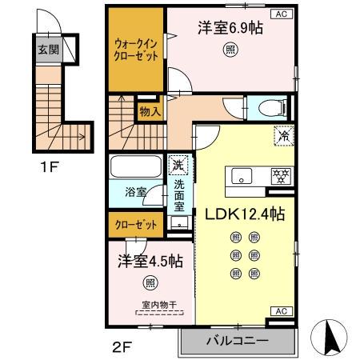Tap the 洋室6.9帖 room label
(230, 26)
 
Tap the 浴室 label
(135, 192)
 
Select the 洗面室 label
(178, 193)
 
